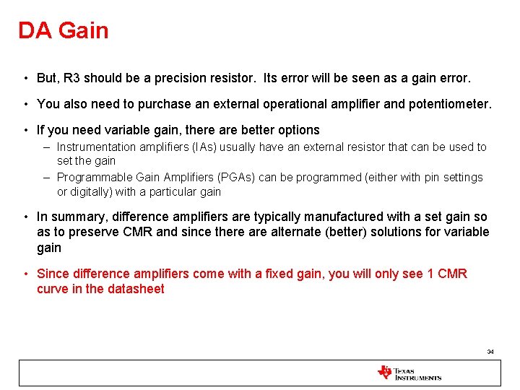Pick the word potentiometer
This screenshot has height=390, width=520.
(x=448, y=104)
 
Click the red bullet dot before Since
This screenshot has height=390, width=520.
(x=25, y=274)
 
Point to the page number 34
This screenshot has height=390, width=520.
(x=490, y=352)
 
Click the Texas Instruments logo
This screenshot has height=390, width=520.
(x=409, y=373)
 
